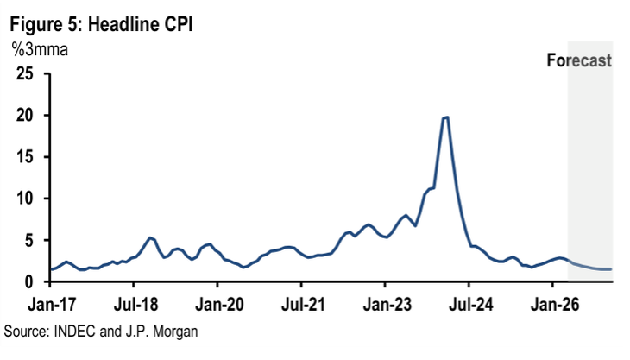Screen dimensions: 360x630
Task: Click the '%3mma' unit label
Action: [40, 49]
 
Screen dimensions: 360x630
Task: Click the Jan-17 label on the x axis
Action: [49, 304]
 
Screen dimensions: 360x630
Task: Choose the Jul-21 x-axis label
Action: [300, 304]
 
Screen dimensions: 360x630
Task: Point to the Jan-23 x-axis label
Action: [385, 304]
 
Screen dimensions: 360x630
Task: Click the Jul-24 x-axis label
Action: [469, 304]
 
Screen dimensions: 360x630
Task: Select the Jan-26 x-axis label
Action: [553, 304]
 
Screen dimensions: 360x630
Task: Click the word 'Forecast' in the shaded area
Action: [579, 60]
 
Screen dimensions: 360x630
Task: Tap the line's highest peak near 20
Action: [445, 117]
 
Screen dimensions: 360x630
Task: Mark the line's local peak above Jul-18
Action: [150, 237]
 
